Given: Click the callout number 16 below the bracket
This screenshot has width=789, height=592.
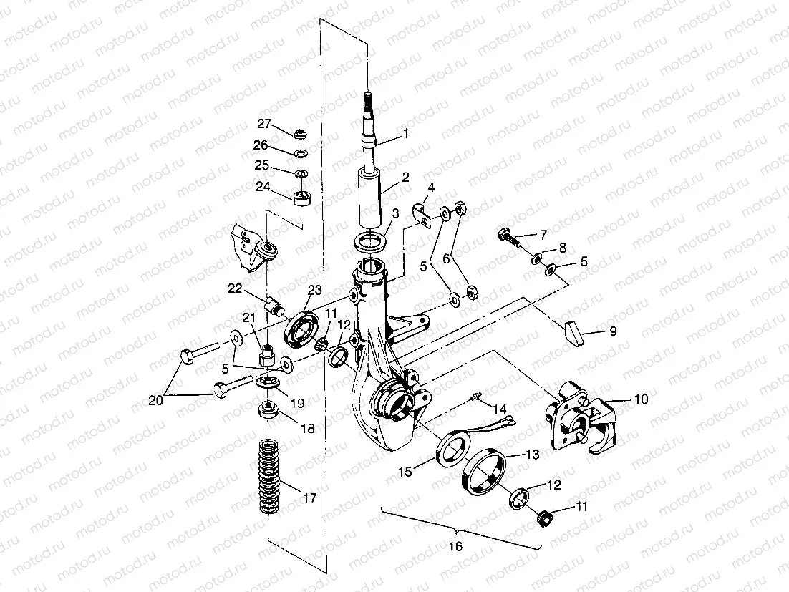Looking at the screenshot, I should [x=455, y=546].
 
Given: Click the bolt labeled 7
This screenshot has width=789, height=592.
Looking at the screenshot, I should [x=506, y=236].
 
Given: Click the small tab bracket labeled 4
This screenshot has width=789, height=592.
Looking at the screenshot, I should [x=424, y=213].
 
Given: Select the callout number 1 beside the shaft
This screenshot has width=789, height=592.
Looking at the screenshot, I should [x=405, y=133].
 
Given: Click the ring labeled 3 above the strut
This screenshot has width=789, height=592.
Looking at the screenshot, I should [x=370, y=240].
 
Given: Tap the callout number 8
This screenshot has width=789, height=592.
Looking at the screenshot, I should [x=563, y=248].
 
